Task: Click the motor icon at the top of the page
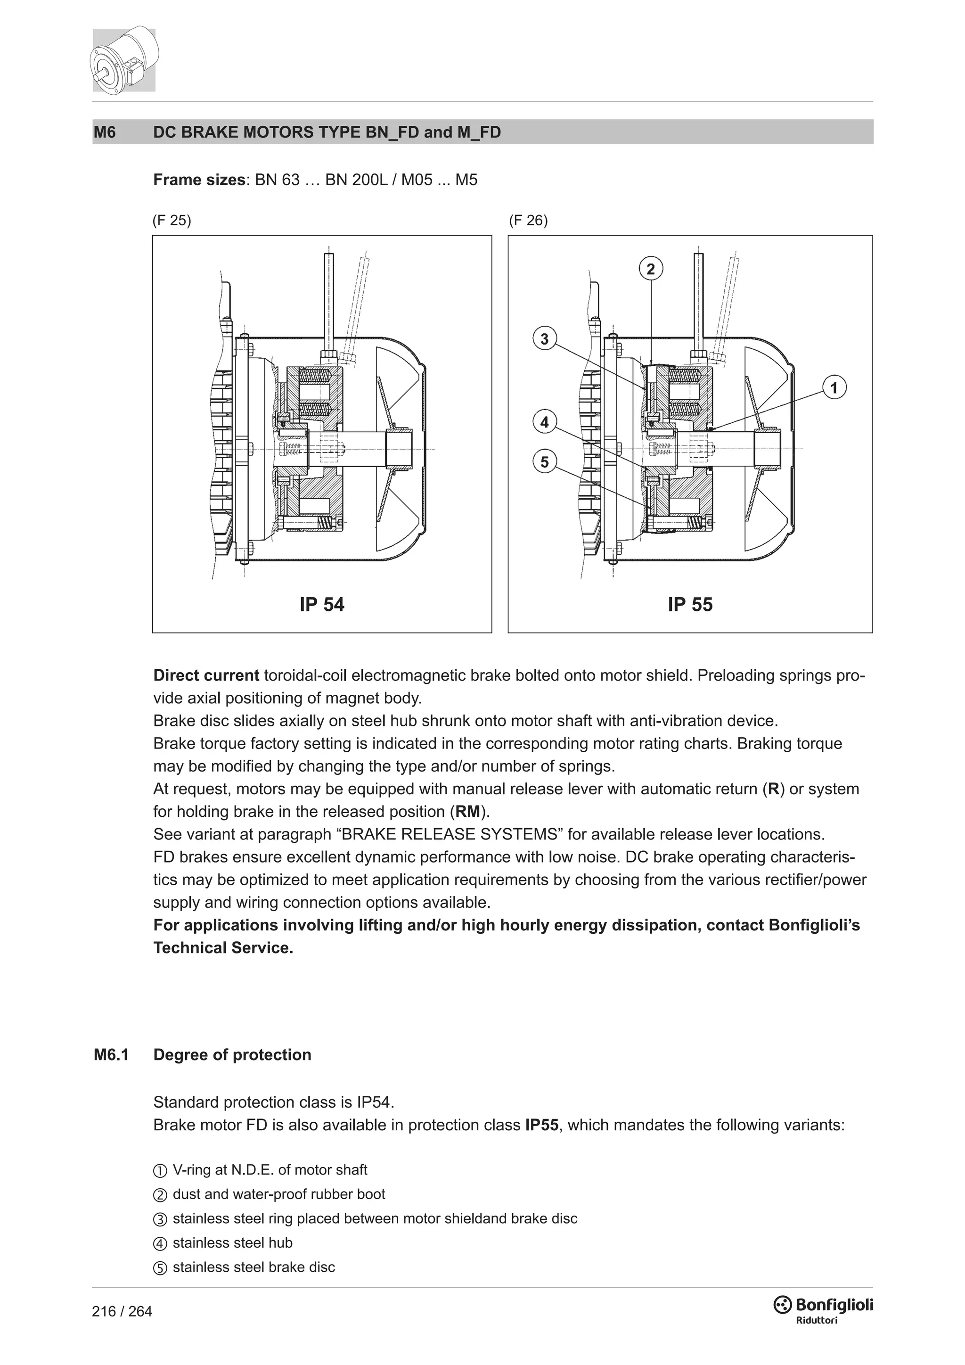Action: tap(123, 59)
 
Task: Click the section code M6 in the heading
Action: tap(105, 132)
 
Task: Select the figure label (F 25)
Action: tap(172, 221)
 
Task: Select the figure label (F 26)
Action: tap(528, 221)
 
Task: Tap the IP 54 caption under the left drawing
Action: tap(321, 605)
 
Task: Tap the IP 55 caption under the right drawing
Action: tap(690, 605)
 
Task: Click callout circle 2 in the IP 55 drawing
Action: tap(651, 269)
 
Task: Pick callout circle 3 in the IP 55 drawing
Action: tap(544, 339)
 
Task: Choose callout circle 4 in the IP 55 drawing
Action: tap(544, 423)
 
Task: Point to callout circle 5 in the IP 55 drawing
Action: tap(544, 461)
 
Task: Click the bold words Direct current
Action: tap(206, 675)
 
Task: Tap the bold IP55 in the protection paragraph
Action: tap(541, 1125)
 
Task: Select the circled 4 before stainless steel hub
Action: tap(160, 1243)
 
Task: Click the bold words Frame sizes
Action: tap(199, 180)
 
